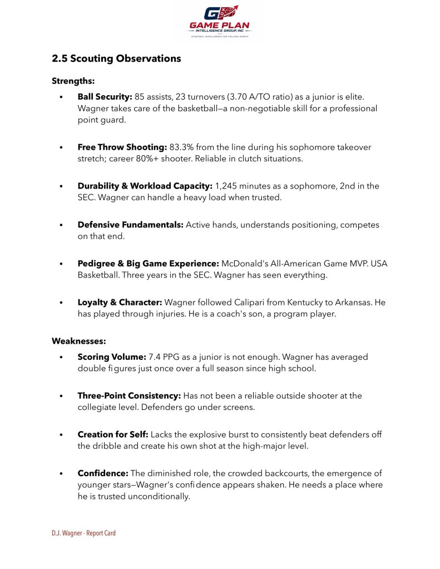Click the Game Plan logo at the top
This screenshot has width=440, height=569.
coord(220,22)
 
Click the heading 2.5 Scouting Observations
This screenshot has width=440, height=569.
coord(116,58)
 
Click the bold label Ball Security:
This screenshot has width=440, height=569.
coord(105,97)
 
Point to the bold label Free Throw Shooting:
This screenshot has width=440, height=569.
coord(122,147)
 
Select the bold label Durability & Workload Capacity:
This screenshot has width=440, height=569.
coord(145,186)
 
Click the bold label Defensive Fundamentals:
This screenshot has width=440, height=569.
coord(130,225)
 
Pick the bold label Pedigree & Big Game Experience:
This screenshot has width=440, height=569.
coord(148,264)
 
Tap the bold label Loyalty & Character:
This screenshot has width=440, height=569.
coord(120,302)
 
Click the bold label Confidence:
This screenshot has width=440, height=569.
coord(103,473)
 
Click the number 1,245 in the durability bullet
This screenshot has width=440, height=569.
coord(227,186)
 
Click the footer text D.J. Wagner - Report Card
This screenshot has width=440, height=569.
coord(83,533)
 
